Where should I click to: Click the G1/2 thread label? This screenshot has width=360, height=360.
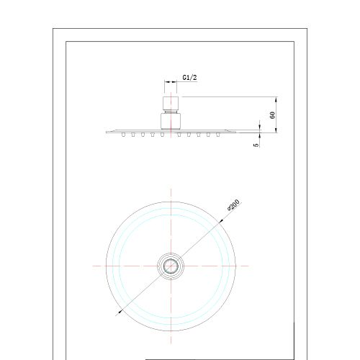pyautogui.click(x=189, y=78)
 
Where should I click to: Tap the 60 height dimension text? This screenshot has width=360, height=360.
pyautogui.click(x=272, y=115)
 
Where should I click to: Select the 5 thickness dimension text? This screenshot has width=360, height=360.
pyautogui.click(x=256, y=145)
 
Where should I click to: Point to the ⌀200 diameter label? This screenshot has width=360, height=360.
pyautogui.click(x=233, y=205)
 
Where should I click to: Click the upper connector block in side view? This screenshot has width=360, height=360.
pyautogui.click(x=171, y=103)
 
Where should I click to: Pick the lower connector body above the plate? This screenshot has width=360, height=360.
pyautogui.click(x=171, y=121)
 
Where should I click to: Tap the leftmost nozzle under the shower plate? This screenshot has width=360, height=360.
pyautogui.click(x=123, y=135)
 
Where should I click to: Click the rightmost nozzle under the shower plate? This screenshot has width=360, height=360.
pyautogui.click(x=217, y=135)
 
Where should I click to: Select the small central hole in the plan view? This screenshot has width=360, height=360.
pyautogui.click(x=171, y=266)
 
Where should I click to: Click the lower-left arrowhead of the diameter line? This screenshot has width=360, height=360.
pyautogui.click(x=119, y=312)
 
